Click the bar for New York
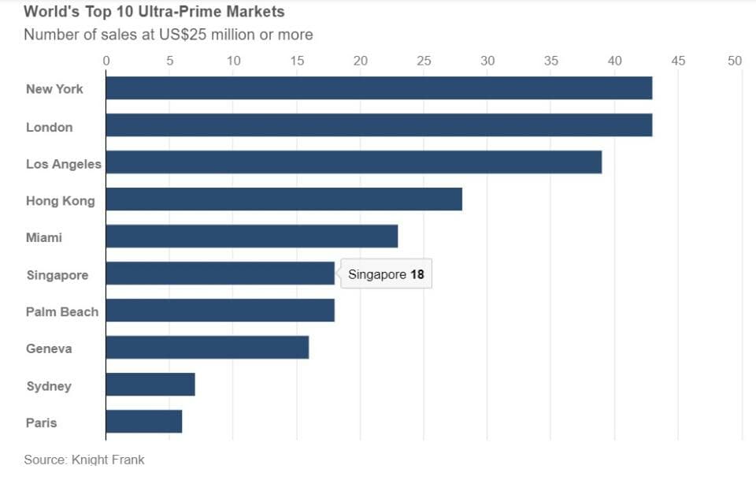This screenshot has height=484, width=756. (x=379, y=88)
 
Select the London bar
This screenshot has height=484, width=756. (x=379, y=125)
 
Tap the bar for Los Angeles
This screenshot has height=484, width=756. (x=354, y=162)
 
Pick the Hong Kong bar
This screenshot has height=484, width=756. (x=283, y=199)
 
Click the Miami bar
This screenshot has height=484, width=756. (x=251, y=236)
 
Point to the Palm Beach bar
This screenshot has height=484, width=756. (x=220, y=311)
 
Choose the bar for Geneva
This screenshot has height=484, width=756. (x=207, y=348)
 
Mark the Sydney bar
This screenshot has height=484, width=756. (x=150, y=385)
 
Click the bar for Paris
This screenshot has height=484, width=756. (x=143, y=422)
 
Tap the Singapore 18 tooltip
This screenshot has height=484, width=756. (x=386, y=274)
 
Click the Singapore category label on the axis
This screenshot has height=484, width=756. (x=57, y=275)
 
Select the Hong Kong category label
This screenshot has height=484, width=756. (x=60, y=201)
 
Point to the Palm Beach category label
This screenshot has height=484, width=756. (x=62, y=312)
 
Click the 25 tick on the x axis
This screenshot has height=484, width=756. (x=424, y=61)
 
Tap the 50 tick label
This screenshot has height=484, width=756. (x=735, y=61)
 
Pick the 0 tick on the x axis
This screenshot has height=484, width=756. (x=106, y=61)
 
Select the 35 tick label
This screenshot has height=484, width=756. (x=551, y=61)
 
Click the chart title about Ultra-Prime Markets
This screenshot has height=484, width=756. (x=154, y=13)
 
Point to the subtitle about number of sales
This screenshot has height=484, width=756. (x=168, y=35)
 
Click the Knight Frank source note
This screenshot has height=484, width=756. (x=84, y=460)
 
